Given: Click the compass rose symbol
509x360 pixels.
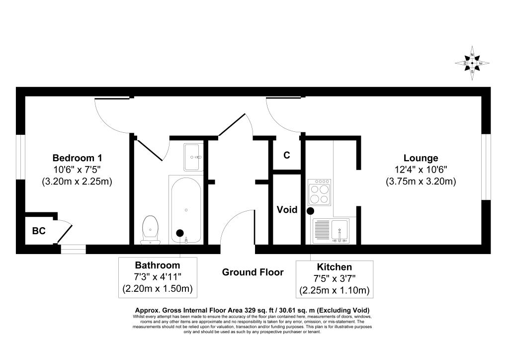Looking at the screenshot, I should [472, 63].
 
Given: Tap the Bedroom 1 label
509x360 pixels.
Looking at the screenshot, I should [78, 158].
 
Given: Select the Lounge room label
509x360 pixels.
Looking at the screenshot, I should [421, 158].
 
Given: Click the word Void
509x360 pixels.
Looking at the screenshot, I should [287, 210].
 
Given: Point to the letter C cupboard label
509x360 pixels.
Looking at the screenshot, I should [287, 155].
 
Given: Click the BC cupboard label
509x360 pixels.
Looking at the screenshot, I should [39, 231].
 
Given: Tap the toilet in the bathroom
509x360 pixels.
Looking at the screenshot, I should [150, 230].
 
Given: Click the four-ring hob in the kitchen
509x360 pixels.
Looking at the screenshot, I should [320, 192].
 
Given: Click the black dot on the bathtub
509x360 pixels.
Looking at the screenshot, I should [180, 232].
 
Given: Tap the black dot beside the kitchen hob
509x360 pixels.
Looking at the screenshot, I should [310, 211].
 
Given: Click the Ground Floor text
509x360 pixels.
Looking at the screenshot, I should [253, 272].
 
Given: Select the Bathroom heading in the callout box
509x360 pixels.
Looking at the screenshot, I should [158, 265].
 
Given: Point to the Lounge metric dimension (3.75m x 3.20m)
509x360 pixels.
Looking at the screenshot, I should [421, 181].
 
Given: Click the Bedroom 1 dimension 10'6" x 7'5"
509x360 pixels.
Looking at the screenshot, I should [78, 170].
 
